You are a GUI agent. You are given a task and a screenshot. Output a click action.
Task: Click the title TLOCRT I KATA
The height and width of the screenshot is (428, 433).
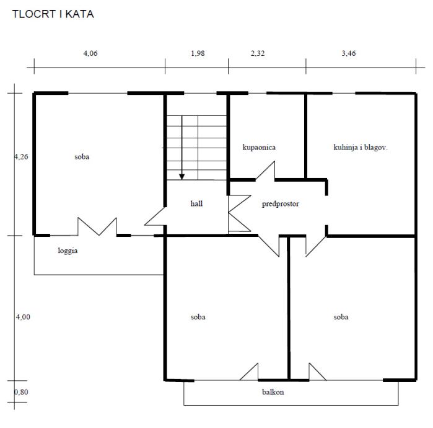[53, 14]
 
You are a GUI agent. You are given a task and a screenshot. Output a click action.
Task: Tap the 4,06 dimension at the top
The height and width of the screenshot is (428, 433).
[90, 53]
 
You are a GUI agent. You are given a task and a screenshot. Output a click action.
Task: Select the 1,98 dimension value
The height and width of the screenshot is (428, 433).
[198, 53]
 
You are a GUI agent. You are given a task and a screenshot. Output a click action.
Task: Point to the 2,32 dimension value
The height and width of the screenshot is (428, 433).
[258, 53]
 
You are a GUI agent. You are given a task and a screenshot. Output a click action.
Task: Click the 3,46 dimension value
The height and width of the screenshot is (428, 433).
[349, 53]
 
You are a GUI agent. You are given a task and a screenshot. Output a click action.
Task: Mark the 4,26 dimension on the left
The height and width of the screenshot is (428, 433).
[22, 157]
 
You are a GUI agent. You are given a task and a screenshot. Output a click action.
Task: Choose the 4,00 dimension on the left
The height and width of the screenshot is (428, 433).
[22, 317]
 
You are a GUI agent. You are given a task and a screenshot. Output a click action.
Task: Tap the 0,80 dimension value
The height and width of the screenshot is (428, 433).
[21, 392]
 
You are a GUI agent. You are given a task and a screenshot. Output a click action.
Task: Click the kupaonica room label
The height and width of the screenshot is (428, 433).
[259, 148]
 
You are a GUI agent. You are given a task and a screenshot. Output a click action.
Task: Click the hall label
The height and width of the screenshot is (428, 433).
[197, 203]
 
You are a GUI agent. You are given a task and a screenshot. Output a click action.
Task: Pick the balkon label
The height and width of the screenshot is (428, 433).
[273, 392]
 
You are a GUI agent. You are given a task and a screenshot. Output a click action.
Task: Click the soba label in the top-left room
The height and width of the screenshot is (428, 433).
[82, 157]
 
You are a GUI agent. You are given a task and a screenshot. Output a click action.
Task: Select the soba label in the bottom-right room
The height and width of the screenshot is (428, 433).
[341, 317]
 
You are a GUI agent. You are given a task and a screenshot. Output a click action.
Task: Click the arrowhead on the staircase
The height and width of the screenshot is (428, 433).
[182, 176]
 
